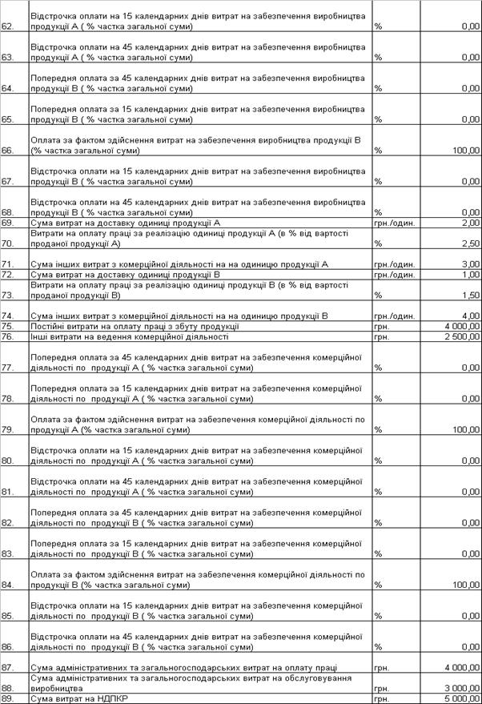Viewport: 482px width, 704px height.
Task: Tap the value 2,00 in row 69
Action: pos(470,222)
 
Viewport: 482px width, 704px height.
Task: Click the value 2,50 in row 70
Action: pos(470,243)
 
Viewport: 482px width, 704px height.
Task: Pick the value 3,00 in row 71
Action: pos(470,263)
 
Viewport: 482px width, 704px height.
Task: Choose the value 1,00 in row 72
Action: pos(470,274)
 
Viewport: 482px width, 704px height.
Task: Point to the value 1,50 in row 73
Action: pos(470,295)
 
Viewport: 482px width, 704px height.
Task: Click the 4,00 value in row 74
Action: pos(470,316)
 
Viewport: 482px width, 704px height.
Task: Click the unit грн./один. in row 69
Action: pos(395,222)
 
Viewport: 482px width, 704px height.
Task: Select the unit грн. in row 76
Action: pos(381,336)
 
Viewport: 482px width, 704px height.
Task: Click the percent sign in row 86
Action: pos(377,647)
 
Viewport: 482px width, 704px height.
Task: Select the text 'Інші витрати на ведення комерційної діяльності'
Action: pos(129,336)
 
